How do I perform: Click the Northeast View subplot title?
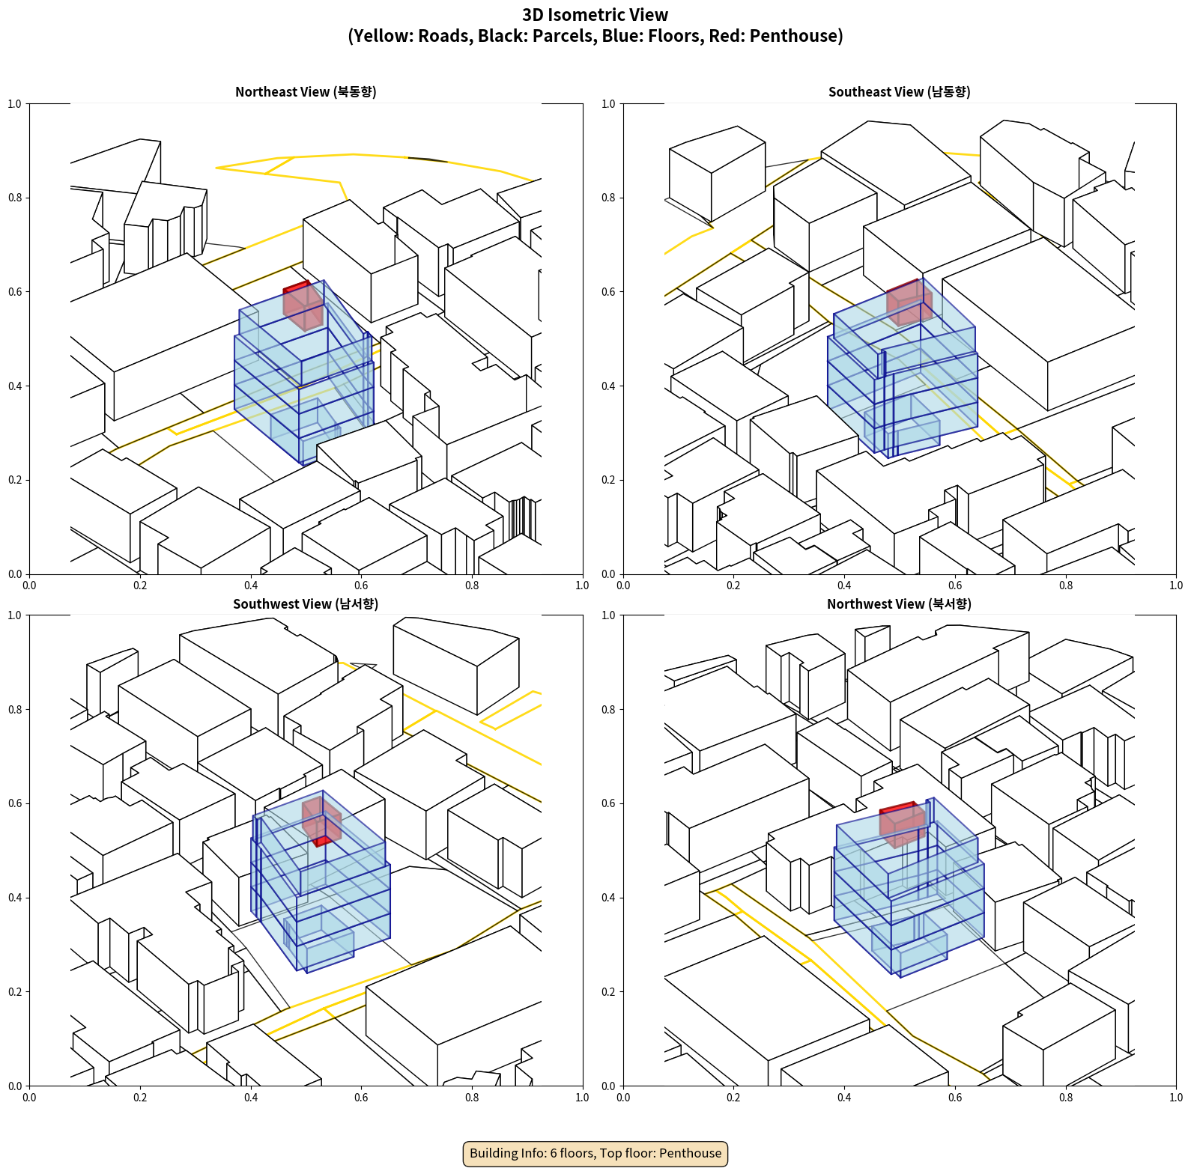[306, 92]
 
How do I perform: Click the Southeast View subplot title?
[899, 92]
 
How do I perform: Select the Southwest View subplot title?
[306, 604]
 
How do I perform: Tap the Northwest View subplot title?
[899, 604]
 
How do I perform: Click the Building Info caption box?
[595, 1153]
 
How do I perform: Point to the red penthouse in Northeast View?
[303, 306]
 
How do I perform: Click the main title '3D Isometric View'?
[595, 15]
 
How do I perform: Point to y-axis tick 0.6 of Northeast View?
[15, 292]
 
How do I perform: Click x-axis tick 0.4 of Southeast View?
[844, 585]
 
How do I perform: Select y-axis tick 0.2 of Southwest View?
[15, 992]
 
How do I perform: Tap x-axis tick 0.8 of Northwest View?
[1066, 1098]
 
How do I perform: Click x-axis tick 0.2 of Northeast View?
[140, 585]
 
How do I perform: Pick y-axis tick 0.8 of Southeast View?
[608, 198]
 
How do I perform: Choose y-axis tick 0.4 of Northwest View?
[608, 898]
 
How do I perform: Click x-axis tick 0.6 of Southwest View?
[361, 1098]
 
